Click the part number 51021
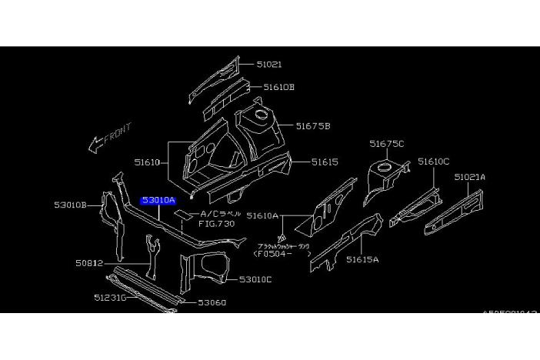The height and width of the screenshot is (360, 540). [268, 65]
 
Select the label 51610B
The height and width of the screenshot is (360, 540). [278, 88]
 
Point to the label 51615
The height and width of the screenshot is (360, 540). [325, 162]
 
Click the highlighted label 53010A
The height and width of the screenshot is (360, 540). [158, 200]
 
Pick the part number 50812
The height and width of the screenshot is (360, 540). [89, 263]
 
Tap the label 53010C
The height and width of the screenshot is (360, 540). [255, 279]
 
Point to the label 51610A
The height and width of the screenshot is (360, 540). [263, 217]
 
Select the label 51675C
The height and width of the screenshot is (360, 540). [386, 143]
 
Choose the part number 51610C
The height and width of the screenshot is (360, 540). [433, 162]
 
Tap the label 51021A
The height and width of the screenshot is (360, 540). [469, 177]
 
